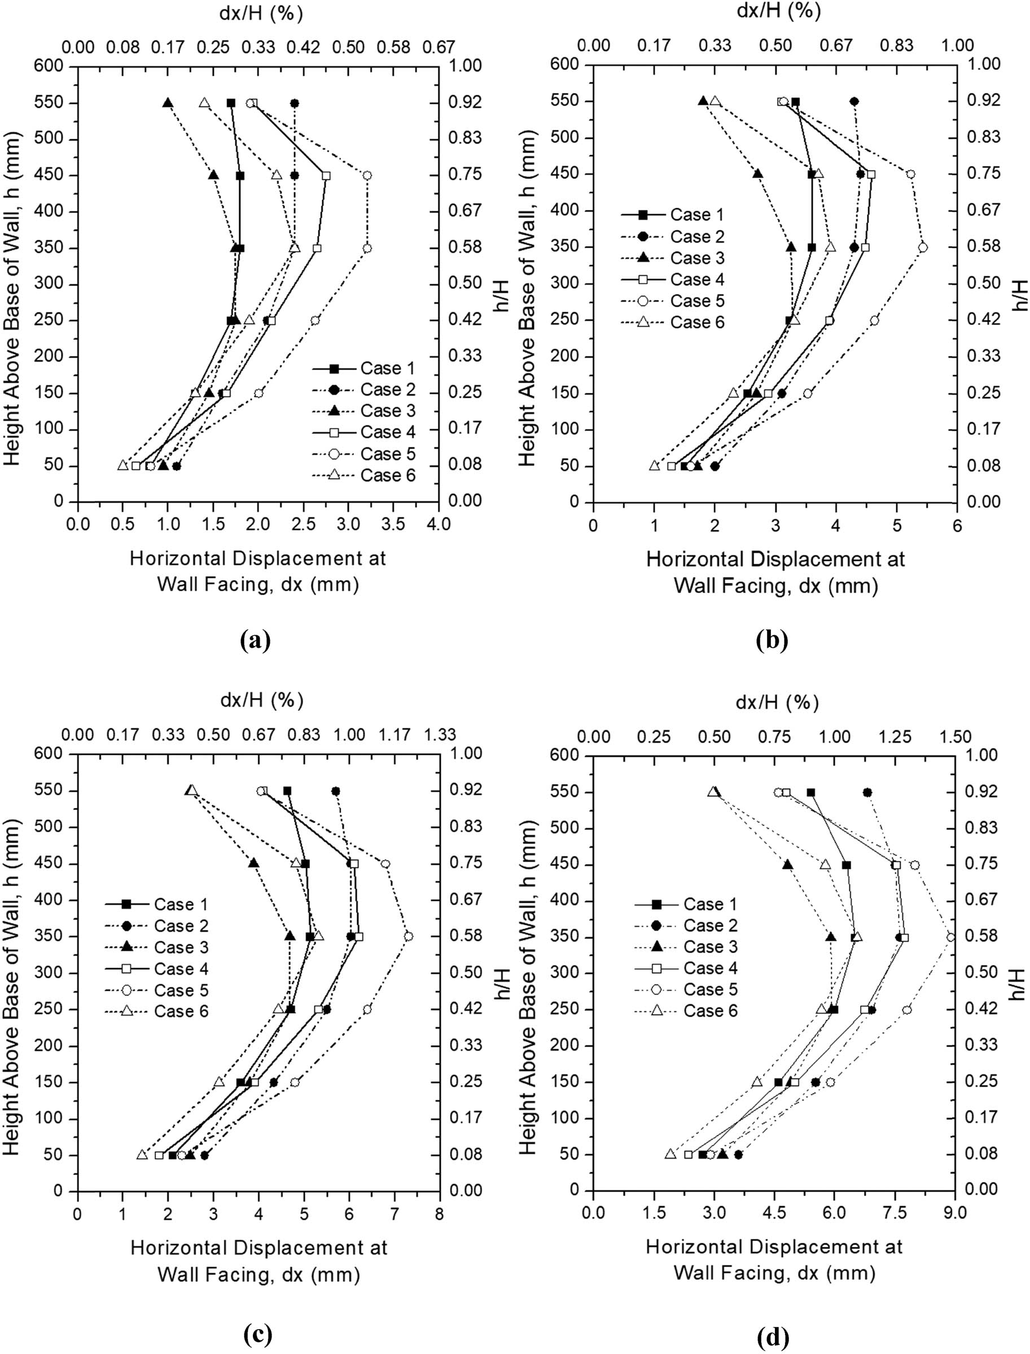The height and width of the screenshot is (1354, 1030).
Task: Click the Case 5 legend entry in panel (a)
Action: [388, 454]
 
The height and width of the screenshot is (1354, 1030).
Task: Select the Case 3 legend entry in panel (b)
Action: [697, 258]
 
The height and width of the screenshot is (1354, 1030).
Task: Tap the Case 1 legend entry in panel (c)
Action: [181, 904]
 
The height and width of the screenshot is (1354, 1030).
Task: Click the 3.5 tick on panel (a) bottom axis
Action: [393, 524]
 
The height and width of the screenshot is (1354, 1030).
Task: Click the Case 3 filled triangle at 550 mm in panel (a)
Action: [168, 103]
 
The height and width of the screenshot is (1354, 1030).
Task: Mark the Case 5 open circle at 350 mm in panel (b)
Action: [923, 247]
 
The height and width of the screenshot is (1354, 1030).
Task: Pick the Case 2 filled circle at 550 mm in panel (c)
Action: [335, 791]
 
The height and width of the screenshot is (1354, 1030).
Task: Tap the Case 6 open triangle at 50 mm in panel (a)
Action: [122, 466]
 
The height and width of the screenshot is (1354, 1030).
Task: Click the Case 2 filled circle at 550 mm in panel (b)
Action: [854, 101]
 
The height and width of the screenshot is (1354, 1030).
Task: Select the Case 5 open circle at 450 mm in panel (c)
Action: [385, 864]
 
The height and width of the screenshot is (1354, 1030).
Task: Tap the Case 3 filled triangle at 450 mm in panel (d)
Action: [788, 865]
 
